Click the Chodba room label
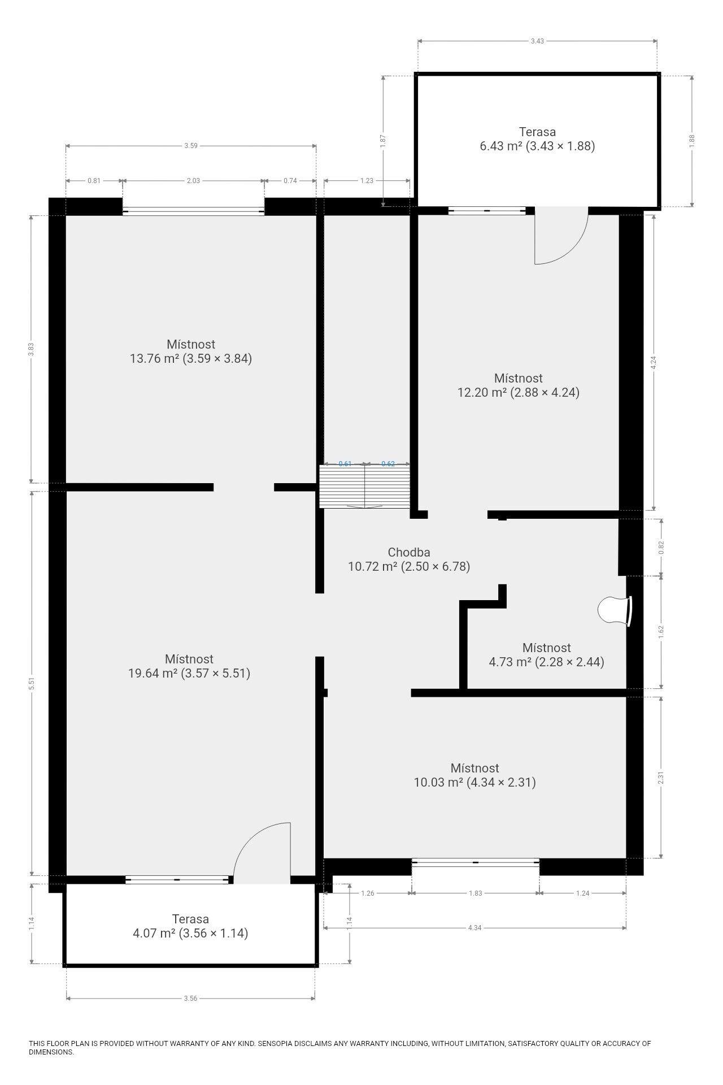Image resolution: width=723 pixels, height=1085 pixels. coord(409,552)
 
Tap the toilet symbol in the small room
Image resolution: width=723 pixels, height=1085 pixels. coord(615,611)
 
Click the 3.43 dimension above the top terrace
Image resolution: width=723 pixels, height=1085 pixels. coord(538,41)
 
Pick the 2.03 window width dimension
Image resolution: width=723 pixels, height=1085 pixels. coord(193,181)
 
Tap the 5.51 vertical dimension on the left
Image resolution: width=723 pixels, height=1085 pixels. coord(32,683)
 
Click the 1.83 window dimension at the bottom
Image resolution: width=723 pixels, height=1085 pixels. coord(475,893)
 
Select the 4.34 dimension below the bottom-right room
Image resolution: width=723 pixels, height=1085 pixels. coord(474,927)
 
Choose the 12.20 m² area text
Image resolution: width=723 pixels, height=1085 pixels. coord(482,392)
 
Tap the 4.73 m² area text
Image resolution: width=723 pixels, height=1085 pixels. coord(510,662)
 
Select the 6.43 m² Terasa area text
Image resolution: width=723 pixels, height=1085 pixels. coord(501,146)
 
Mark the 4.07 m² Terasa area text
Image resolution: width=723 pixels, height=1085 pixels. coord(154,933)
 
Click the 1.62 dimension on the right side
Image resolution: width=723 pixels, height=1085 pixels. coord(661,631)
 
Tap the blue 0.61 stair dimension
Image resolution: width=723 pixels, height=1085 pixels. coord(345,464)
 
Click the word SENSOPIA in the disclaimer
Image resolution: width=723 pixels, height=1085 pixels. coord(276,1043)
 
